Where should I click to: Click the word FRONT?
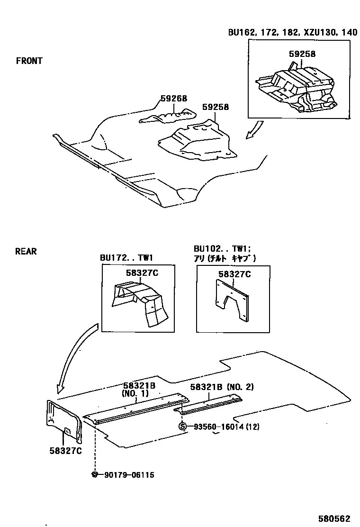coord(29,61)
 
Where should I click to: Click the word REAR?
coord(26,251)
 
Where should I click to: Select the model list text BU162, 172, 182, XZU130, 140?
coord(292,32)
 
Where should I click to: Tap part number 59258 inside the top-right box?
coord(302,54)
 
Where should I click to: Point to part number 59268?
coord(173,99)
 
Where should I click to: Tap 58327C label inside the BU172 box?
coord(142,273)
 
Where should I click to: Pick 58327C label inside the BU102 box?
coord(234,274)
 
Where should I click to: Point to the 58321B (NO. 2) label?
coord(222,387)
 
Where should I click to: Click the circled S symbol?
coord(182,427)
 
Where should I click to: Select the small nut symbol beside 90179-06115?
coord(95,474)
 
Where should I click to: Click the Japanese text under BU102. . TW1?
coord(225,258)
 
